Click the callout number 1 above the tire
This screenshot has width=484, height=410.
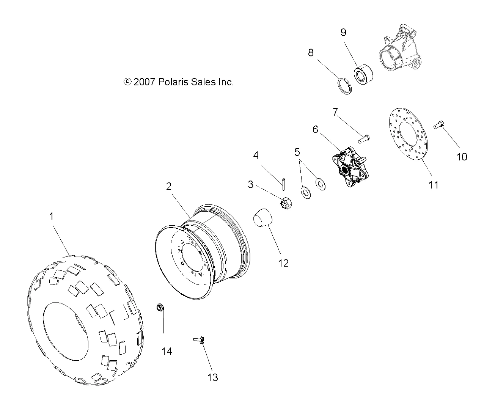tap(51, 217)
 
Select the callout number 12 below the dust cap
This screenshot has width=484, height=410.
tap(283, 263)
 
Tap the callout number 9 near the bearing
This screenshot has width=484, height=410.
tap(343, 32)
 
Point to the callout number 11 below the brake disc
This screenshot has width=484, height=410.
tap(433, 185)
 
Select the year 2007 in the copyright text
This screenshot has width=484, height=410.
tap(144, 82)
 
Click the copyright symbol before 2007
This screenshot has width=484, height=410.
tap(127, 82)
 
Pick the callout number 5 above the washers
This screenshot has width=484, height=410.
tap(297, 152)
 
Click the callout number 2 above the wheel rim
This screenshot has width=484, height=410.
tap(168, 186)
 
